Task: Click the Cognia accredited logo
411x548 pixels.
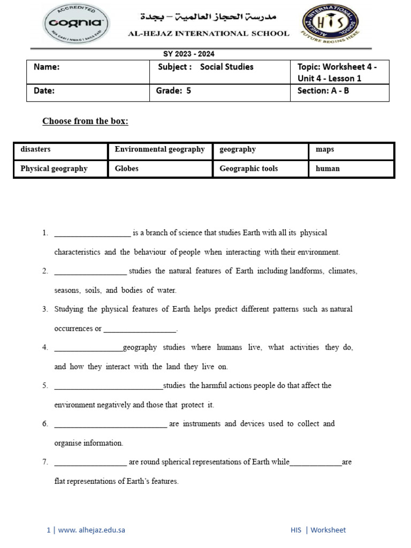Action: pos(76,24)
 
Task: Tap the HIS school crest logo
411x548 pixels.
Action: pos(330,25)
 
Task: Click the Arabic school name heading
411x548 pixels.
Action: pos(209,17)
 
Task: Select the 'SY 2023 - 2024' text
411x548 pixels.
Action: pos(189,54)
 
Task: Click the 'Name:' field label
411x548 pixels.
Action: pos(47,67)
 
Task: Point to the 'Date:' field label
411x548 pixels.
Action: pos(44,91)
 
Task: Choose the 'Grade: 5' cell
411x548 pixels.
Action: pos(173,91)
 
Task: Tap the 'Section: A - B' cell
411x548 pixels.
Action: pos(323,91)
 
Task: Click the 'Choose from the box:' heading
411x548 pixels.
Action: pos(85,121)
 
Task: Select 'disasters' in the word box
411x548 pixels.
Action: pos(35,150)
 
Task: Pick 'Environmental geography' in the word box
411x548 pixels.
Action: pos(159,150)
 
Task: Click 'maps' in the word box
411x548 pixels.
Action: pos(325,150)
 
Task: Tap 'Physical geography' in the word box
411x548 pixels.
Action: pos(54,169)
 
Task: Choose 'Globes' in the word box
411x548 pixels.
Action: pos(126,169)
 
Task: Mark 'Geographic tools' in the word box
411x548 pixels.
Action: pos(248,169)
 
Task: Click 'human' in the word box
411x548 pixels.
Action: pos(328,169)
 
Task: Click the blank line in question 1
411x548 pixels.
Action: pos(92,234)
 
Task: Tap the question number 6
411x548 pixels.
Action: pos(45,424)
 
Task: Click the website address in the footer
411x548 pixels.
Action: pos(91,530)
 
